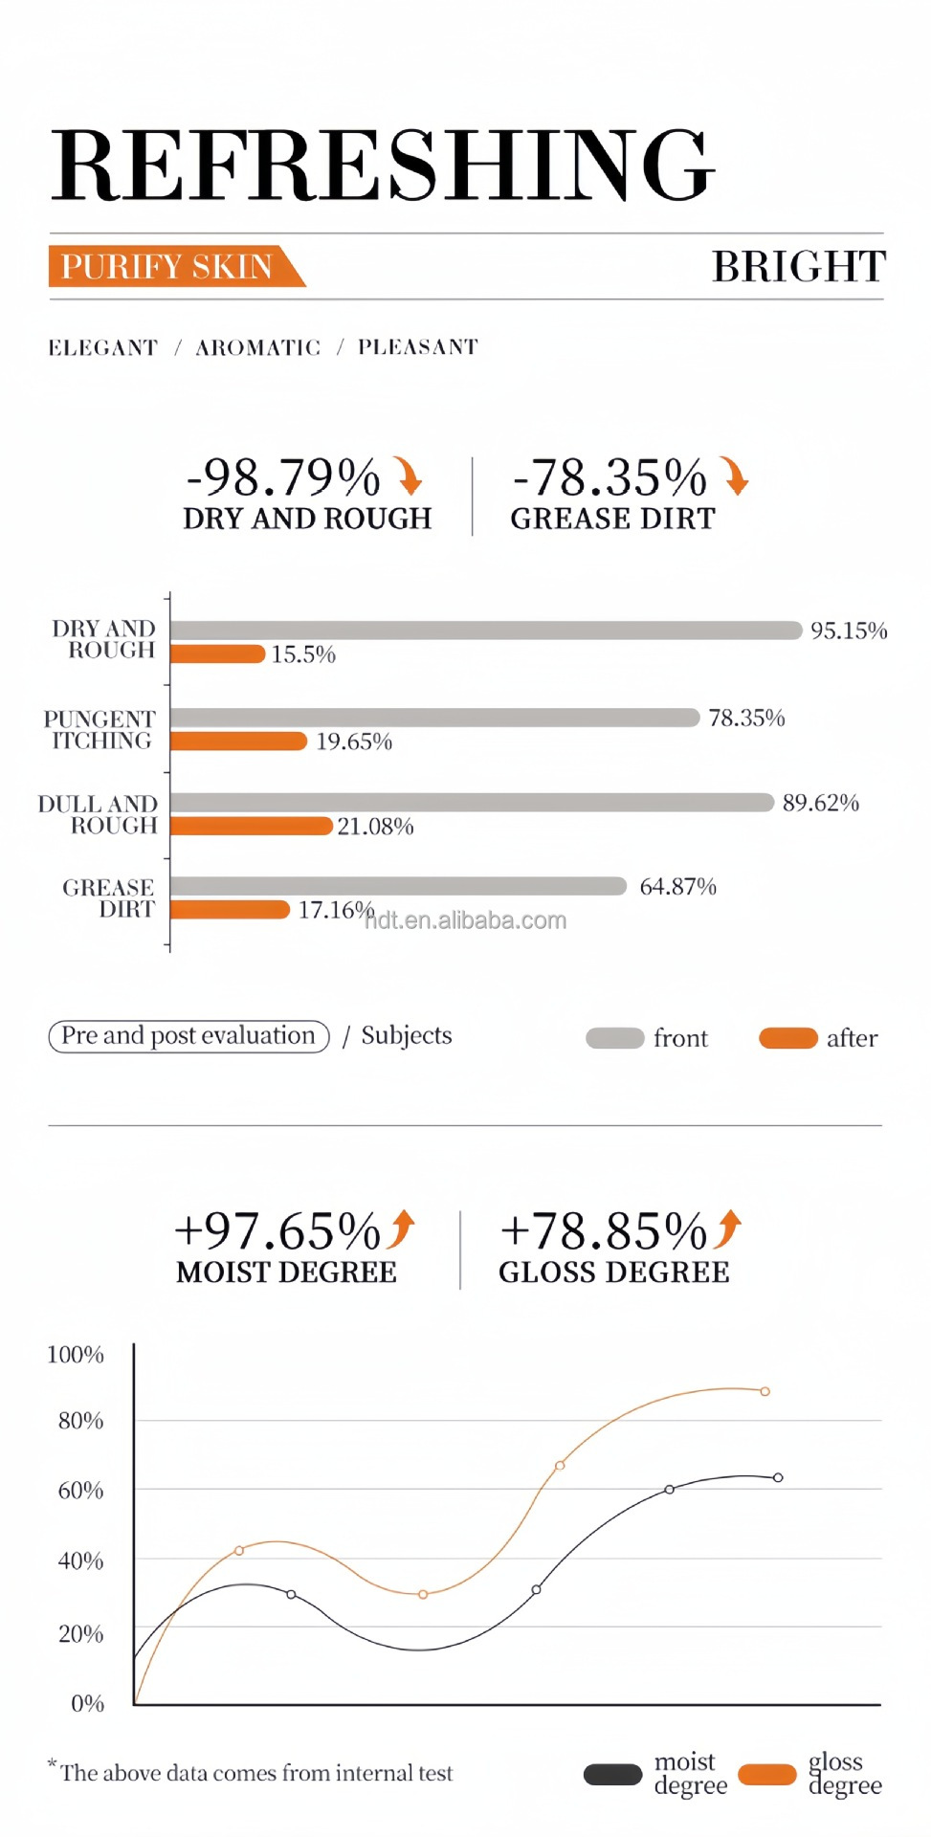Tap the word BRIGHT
point(799,266)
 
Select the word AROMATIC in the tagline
point(257,347)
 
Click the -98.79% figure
point(283,476)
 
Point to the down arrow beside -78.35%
point(735,476)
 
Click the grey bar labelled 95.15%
point(485,630)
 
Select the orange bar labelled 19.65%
point(238,741)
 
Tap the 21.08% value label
point(375,827)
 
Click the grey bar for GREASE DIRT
point(398,887)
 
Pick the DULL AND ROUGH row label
point(98,814)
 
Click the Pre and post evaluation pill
point(188,1036)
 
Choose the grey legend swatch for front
point(614,1038)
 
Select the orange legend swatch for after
point(787,1038)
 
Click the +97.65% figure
point(277,1230)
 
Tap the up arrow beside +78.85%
point(728,1229)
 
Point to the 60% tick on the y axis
point(81,1490)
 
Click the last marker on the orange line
point(765,1391)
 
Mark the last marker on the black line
point(778,1477)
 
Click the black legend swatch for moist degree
point(612,1775)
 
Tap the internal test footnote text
point(255,1773)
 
